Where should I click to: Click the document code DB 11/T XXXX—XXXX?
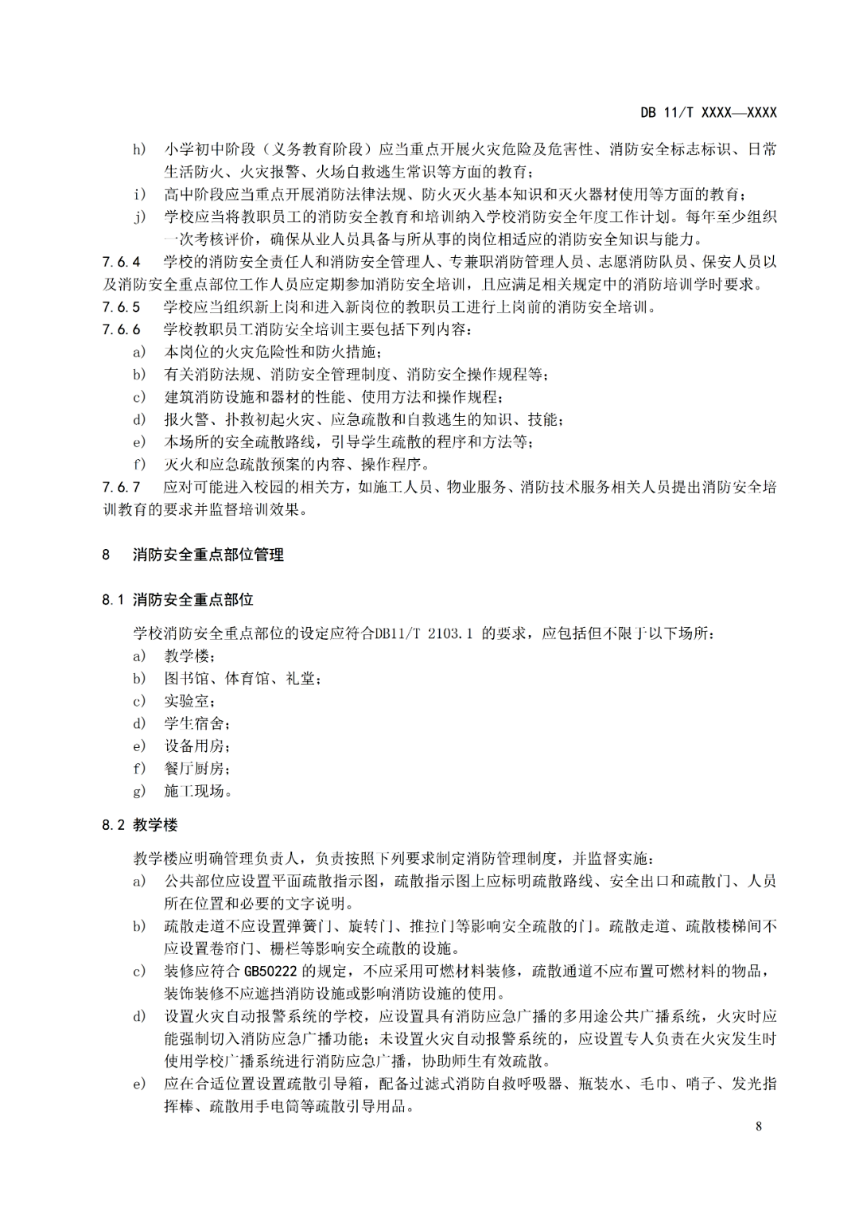click(708, 112)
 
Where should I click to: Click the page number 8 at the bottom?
click(759, 1126)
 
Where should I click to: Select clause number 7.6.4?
click(121, 262)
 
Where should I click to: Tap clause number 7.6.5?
click(121, 307)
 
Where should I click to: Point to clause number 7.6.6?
click(121, 329)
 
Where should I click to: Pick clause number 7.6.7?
click(121, 487)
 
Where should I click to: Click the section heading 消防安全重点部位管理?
click(208, 555)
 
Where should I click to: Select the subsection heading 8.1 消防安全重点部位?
click(177, 600)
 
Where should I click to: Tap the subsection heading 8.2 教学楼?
click(139, 824)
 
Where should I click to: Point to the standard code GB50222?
click(270, 971)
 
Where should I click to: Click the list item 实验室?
click(189, 701)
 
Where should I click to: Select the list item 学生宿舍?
click(196, 723)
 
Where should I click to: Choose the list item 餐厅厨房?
click(196, 769)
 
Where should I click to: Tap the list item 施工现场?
click(197, 791)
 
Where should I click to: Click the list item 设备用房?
click(196, 746)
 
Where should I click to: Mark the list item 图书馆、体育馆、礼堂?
click(242, 679)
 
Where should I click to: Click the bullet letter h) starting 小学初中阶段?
click(139, 150)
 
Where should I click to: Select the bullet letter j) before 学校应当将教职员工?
click(139, 217)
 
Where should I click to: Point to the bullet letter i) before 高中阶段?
click(139, 195)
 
